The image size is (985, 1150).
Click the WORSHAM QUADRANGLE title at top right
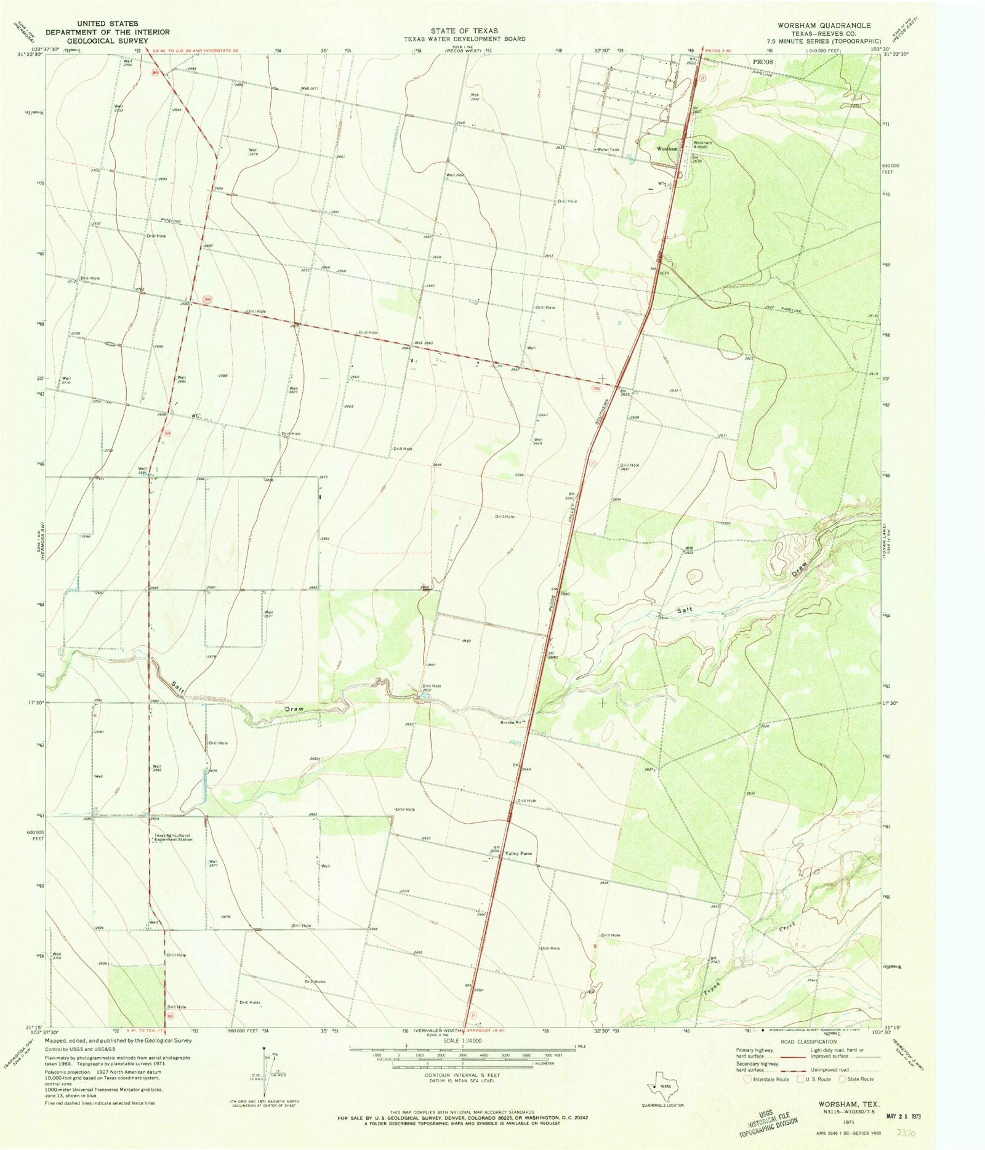(x=823, y=25)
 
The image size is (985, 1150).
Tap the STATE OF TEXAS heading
(x=464, y=31)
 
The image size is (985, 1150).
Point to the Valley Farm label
(x=518, y=854)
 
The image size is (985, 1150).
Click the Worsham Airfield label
(x=702, y=145)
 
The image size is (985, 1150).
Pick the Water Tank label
(x=608, y=150)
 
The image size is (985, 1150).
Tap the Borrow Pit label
(x=510, y=722)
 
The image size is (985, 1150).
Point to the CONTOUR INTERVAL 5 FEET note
(x=462, y=1075)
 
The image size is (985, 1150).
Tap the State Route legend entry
(x=857, y=1079)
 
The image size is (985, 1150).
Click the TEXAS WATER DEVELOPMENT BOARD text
(x=464, y=39)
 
